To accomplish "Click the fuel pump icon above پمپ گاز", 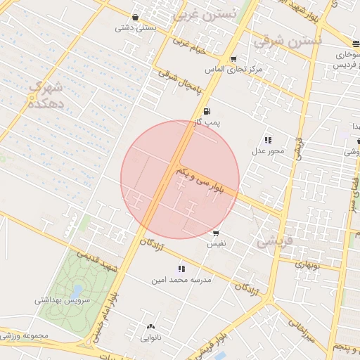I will tap(206, 112).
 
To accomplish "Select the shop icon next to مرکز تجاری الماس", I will tap(233, 59).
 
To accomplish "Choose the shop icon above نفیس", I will tap(215, 233).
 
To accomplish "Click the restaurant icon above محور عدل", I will tap(268, 140).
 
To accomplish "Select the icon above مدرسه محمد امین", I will tap(181, 268).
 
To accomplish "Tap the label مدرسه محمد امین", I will tap(181, 279).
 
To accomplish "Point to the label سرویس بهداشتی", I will tap(62, 300).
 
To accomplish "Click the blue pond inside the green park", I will tap(76, 289).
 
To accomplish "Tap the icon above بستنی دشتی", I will tap(135, 18).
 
